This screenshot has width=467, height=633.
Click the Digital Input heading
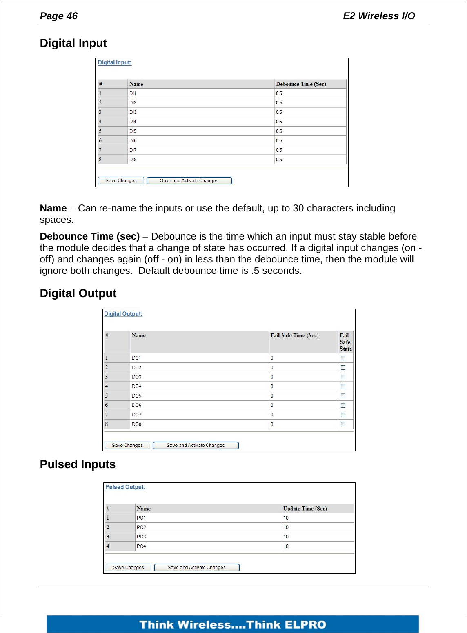pos(73,43)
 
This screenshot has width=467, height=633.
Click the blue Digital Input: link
pos(115,63)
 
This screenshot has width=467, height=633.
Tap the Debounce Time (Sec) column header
pos(301,84)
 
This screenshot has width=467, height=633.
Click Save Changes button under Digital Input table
pos(121,180)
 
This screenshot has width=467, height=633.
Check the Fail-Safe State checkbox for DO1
pos(343,358)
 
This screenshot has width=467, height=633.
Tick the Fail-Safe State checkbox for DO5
pos(343,396)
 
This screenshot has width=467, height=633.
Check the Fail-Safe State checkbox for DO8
pos(343,424)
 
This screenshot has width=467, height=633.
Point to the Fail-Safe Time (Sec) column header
pos(294,335)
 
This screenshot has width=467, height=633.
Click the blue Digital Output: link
pos(123,314)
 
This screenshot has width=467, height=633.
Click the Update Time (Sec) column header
pos(305,509)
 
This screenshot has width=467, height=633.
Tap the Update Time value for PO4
pos(286,546)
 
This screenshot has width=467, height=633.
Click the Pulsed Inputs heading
pos(78,464)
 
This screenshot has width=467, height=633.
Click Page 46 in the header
pos(59,16)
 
